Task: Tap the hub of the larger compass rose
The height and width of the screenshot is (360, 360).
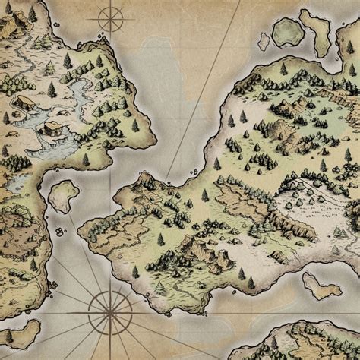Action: (107, 308)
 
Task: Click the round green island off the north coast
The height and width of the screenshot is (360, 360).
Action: (287, 31)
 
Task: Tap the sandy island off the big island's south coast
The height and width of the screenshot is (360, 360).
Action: (321, 285)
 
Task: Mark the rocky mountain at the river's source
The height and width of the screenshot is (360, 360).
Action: (15, 27)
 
